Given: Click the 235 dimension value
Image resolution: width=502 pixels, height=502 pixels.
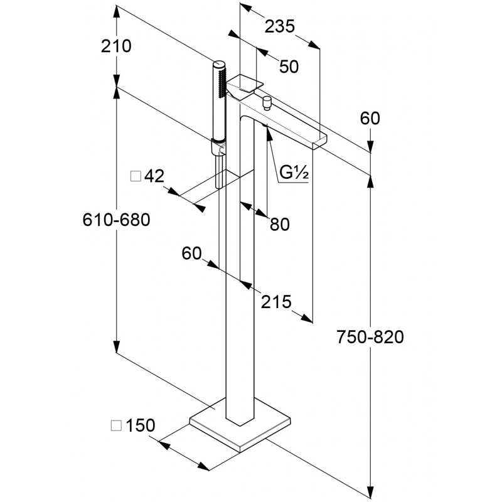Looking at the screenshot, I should pos(280,26).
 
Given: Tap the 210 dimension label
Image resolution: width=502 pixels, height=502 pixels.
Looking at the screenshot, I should pos(117,46).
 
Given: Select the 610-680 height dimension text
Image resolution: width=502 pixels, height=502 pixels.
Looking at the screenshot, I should pos(117,220).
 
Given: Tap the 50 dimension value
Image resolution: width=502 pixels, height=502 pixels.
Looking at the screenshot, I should pos(288,67).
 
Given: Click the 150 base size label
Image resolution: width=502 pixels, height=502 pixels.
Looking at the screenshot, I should pos(140,425).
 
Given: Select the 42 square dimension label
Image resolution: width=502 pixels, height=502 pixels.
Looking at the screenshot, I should pos(154,176).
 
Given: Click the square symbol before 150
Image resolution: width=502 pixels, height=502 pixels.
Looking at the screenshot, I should pos(117,425).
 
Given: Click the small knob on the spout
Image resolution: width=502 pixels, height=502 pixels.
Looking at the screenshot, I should pos(266,102).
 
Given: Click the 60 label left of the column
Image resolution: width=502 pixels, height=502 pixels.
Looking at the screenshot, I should pos(192,253).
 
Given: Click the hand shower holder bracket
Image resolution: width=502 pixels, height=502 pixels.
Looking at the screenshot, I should pos(218,148).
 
